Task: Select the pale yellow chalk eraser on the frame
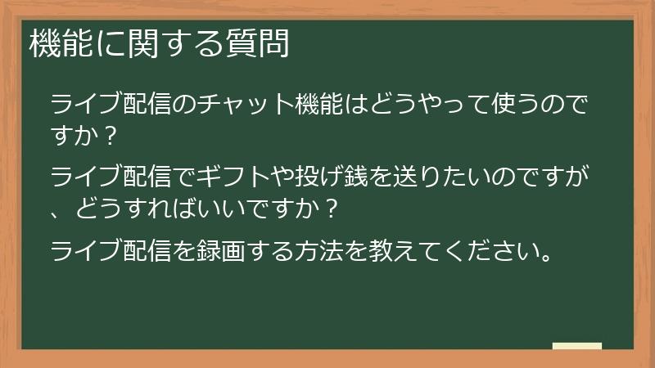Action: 577,347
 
